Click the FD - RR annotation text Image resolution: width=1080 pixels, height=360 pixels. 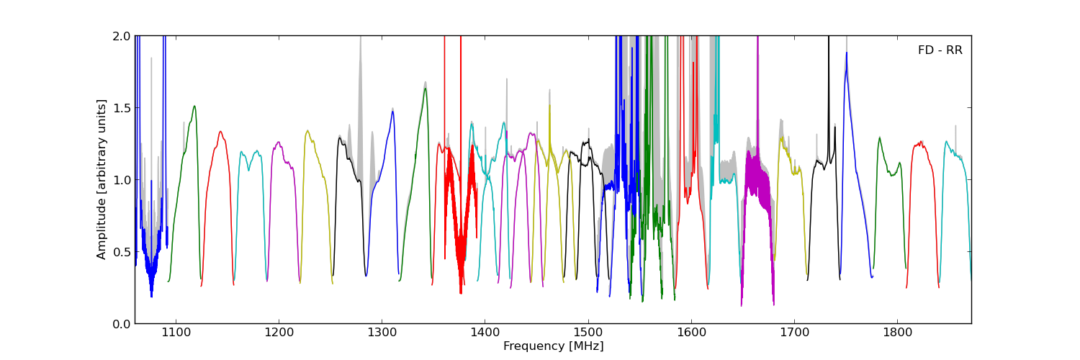click(x=940, y=50)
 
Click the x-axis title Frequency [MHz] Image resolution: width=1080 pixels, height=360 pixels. click(x=553, y=346)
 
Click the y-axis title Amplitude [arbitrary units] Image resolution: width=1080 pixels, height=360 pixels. click(x=102, y=179)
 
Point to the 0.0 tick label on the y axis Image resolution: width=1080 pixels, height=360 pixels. click(x=122, y=324)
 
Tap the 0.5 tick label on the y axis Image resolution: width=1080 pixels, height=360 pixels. click(x=122, y=252)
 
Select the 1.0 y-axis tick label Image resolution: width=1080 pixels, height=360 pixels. click(x=122, y=180)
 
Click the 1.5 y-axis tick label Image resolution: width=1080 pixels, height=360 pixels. click(x=122, y=108)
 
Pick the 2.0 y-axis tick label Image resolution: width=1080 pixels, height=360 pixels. click(x=122, y=36)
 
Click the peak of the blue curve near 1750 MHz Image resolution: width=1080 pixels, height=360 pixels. click(x=847, y=53)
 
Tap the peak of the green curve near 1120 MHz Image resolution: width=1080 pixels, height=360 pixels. click(x=194, y=106)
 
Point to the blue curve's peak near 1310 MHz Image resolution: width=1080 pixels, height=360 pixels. click(x=393, y=111)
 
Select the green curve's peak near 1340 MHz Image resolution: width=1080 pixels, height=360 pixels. click(x=426, y=89)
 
